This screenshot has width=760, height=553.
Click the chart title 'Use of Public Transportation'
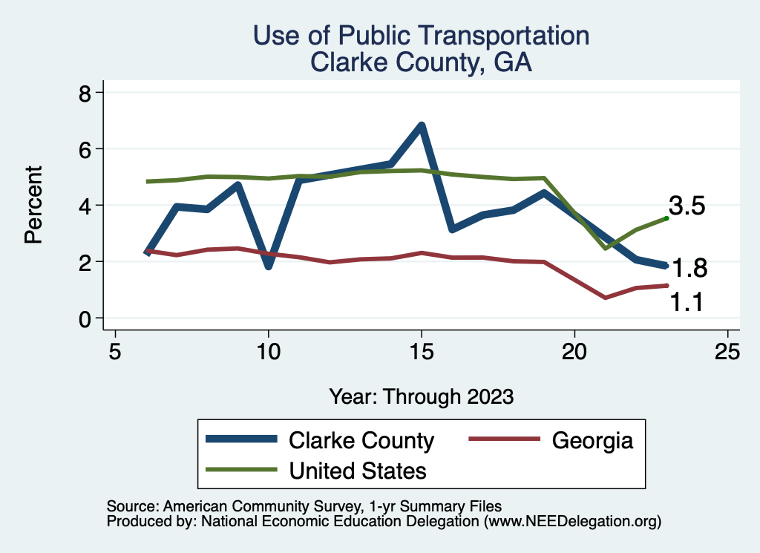tap(421, 36)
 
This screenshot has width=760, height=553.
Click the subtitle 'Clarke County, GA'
tap(421, 62)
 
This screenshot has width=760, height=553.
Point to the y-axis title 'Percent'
tap(33, 205)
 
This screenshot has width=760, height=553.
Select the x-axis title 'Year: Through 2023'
tap(421, 396)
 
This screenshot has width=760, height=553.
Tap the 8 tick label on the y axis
tap(85, 94)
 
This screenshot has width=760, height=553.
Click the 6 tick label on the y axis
tap(85, 149)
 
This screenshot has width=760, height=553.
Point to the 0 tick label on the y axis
tap(85, 318)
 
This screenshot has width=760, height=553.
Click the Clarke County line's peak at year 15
tap(422, 125)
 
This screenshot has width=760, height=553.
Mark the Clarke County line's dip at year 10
tap(268, 266)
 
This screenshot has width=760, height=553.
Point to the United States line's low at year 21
tap(606, 248)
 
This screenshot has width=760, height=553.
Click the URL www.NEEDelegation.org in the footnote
tap(572, 522)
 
